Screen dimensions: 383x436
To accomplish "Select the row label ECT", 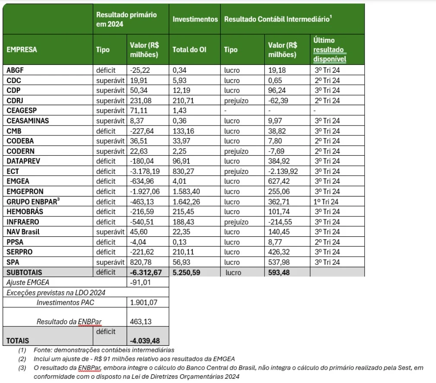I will click(13, 171).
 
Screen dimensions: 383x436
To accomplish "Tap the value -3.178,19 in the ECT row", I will click(145, 171).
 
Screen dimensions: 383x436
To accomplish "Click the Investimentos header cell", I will click(195, 19).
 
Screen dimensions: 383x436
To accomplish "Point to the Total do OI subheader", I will click(189, 49).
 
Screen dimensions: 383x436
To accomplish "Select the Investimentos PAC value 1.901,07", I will click(143, 302).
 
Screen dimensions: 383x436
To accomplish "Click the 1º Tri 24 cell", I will click(326, 202).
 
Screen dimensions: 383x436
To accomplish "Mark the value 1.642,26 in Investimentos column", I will click(186, 202).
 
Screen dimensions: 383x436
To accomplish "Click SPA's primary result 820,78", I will click(141, 262).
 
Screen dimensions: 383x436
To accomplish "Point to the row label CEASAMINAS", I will click(28, 121).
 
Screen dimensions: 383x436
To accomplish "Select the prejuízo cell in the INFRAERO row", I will click(237, 222).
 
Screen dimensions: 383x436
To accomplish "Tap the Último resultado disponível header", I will click(329, 49).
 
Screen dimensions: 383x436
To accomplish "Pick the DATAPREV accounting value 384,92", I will click(279, 161).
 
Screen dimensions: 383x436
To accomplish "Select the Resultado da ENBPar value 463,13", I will click(140, 322).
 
